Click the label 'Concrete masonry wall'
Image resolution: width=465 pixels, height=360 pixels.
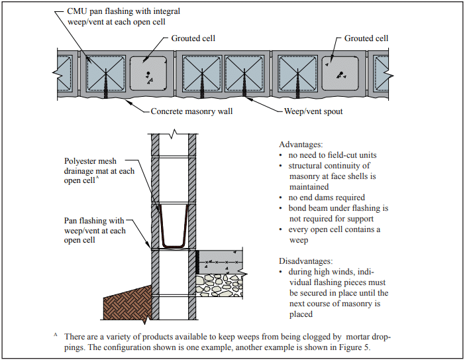coord(191,111)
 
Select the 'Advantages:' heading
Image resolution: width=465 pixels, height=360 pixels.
coord(301,144)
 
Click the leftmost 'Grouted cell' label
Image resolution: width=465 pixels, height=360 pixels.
coord(192,38)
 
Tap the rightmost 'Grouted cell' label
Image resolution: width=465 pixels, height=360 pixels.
coord(366,38)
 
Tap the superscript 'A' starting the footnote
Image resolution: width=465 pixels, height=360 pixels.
coord(56,335)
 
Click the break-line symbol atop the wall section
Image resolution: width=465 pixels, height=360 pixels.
coord(174,133)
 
